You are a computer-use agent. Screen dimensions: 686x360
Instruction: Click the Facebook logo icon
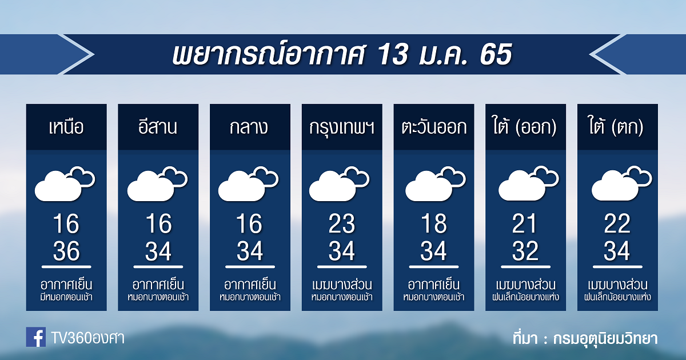point(36,337)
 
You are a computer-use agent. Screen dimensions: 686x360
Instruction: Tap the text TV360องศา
point(88,338)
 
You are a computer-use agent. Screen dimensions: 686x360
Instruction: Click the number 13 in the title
point(393,54)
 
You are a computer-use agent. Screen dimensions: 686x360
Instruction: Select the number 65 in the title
point(496,54)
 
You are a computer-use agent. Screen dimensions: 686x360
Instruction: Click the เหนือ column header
point(66,127)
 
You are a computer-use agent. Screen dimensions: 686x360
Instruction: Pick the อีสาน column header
point(158,126)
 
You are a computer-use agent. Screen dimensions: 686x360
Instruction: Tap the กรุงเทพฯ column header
point(342,128)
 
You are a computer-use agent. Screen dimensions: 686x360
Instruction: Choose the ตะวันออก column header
point(434,127)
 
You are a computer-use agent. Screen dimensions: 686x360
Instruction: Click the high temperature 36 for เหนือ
point(66,251)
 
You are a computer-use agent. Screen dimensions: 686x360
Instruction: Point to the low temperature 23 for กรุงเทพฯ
point(342,224)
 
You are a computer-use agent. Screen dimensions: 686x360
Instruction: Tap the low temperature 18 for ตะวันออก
point(434,224)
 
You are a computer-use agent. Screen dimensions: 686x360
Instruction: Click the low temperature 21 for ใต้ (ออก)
point(525,224)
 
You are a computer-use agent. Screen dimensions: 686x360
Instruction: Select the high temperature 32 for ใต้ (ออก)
point(525,251)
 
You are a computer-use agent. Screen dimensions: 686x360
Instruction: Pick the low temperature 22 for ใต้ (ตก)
point(617,224)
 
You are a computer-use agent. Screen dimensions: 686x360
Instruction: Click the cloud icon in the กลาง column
point(248,184)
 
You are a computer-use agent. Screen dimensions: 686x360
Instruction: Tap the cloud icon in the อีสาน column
point(157,184)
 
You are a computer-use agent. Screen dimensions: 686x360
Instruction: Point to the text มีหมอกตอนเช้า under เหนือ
point(66,297)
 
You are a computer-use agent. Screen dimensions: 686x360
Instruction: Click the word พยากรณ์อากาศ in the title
point(269,54)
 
